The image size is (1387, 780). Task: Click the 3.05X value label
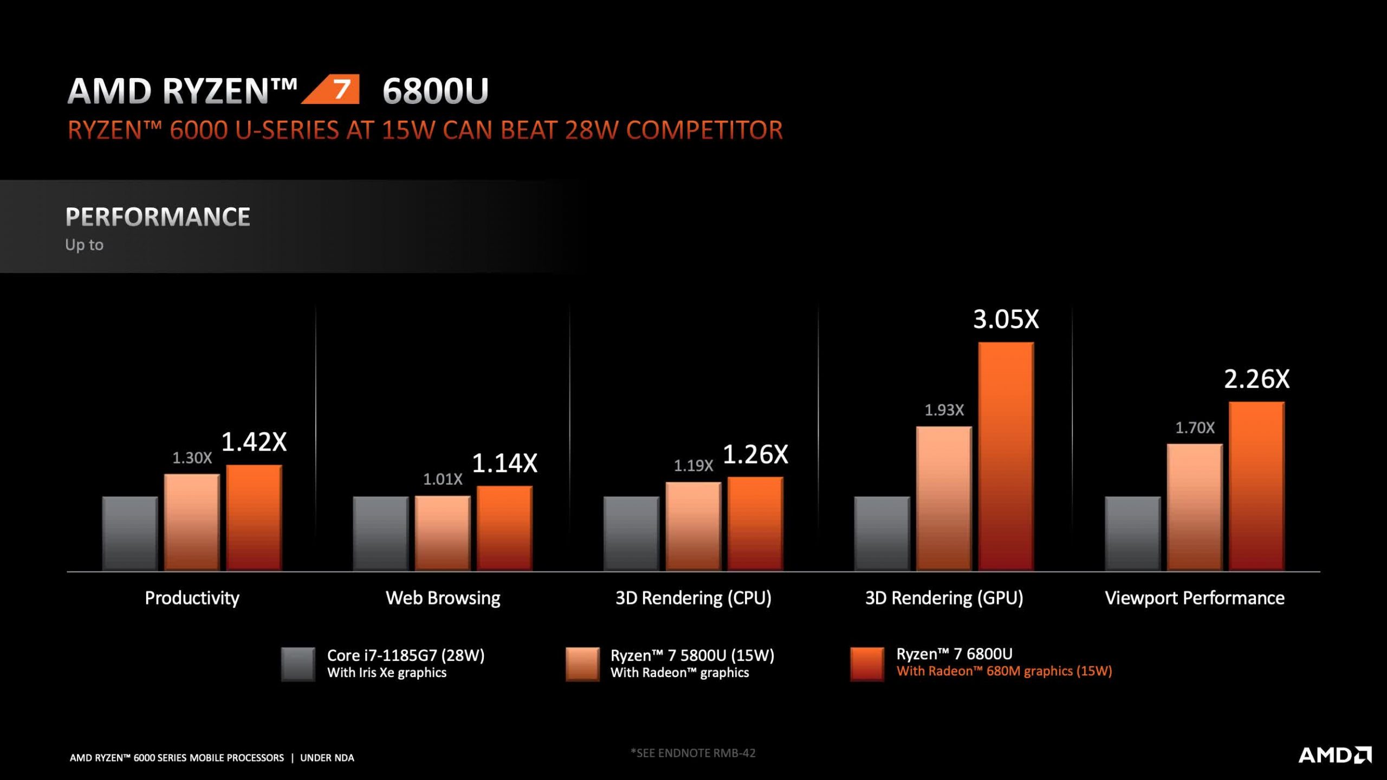pyautogui.click(x=1006, y=319)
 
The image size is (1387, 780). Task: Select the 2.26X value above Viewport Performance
pyautogui.click(x=1257, y=379)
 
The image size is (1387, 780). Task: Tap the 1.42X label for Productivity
pyautogui.click(x=254, y=441)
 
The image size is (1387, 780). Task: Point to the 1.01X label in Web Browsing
pyautogui.click(x=443, y=479)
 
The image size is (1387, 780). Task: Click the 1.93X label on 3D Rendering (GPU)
pyautogui.click(x=944, y=410)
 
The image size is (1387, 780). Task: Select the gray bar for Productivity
pyautogui.click(x=130, y=534)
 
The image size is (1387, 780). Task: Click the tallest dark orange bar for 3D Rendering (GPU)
pyautogui.click(x=1006, y=457)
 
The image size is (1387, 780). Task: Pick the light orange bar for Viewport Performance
pyautogui.click(x=1195, y=508)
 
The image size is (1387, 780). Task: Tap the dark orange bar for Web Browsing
pyautogui.click(x=504, y=529)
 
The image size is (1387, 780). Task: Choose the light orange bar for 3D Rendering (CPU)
pyautogui.click(x=693, y=526)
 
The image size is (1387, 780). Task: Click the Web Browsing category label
pyautogui.click(x=443, y=598)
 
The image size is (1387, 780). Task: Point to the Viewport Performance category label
pyautogui.click(x=1195, y=598)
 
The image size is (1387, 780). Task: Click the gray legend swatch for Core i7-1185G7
pyautogui.click(x=298, y=664)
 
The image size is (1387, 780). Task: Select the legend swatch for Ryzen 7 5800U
pyautogui.click(x=582, y=664)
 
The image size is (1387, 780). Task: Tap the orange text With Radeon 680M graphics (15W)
pyautogui.click(x=1004, y=671)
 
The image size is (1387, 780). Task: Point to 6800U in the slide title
pyautogui.click(x=436, y=90)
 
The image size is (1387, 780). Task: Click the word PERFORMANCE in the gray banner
pyautogui.click(x=158, y=217)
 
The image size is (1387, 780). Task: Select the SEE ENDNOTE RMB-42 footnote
pyautogui.click(x=693, y=753)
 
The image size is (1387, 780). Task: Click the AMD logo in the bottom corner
pyautogui.click(x=1335, y=755)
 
